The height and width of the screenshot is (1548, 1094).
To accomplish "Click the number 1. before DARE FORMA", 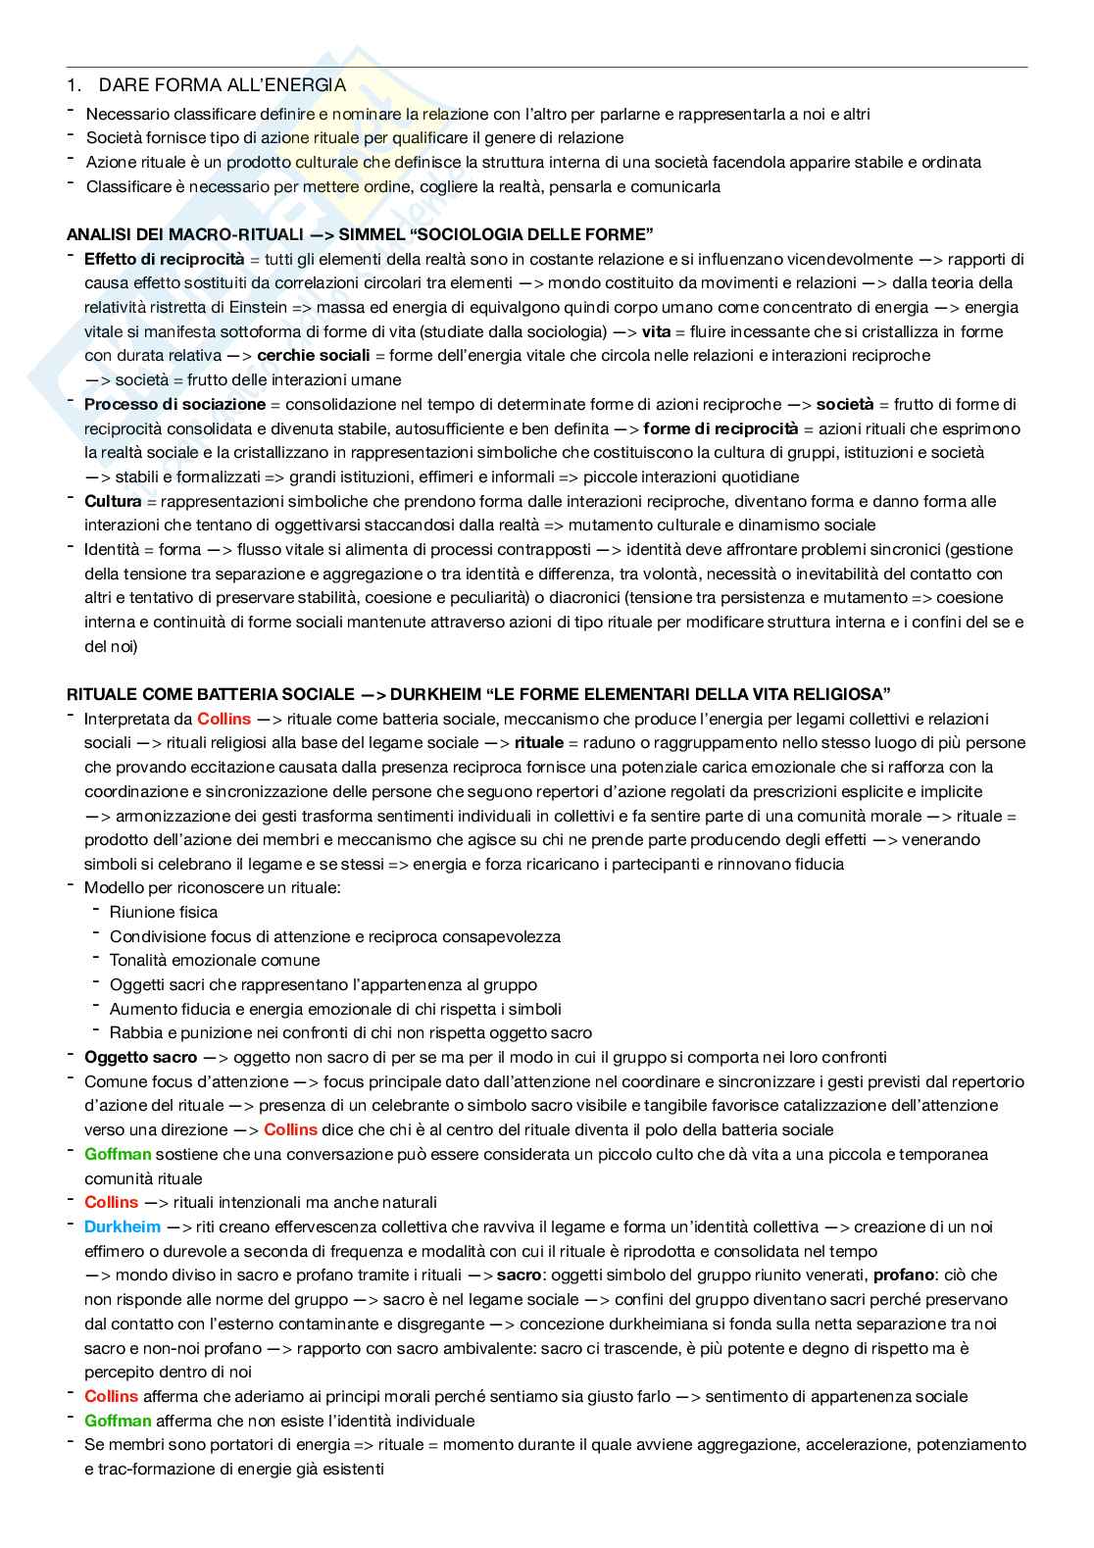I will [x=73, y=85].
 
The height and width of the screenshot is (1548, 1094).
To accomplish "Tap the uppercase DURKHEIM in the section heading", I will [x=426, y=694].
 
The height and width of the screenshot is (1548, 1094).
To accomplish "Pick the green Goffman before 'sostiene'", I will [x=118, y=1154].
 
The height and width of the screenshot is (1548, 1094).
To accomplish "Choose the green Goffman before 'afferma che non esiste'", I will [x=118, y=1421].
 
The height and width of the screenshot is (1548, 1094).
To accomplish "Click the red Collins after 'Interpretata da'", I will [x=224, y=719].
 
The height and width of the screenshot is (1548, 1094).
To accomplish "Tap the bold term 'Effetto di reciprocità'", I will [x=164, y=259].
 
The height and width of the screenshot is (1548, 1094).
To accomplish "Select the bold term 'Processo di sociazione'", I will [x=174, y=404].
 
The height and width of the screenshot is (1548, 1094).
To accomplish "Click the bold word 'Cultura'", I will [x=113, y=501].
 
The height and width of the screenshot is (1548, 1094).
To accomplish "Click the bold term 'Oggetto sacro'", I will [x=141, y=1057].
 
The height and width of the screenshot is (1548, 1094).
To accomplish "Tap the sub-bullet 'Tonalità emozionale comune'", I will [x=215, y=960].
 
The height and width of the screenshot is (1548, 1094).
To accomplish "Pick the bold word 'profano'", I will [x=902, y=1274].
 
